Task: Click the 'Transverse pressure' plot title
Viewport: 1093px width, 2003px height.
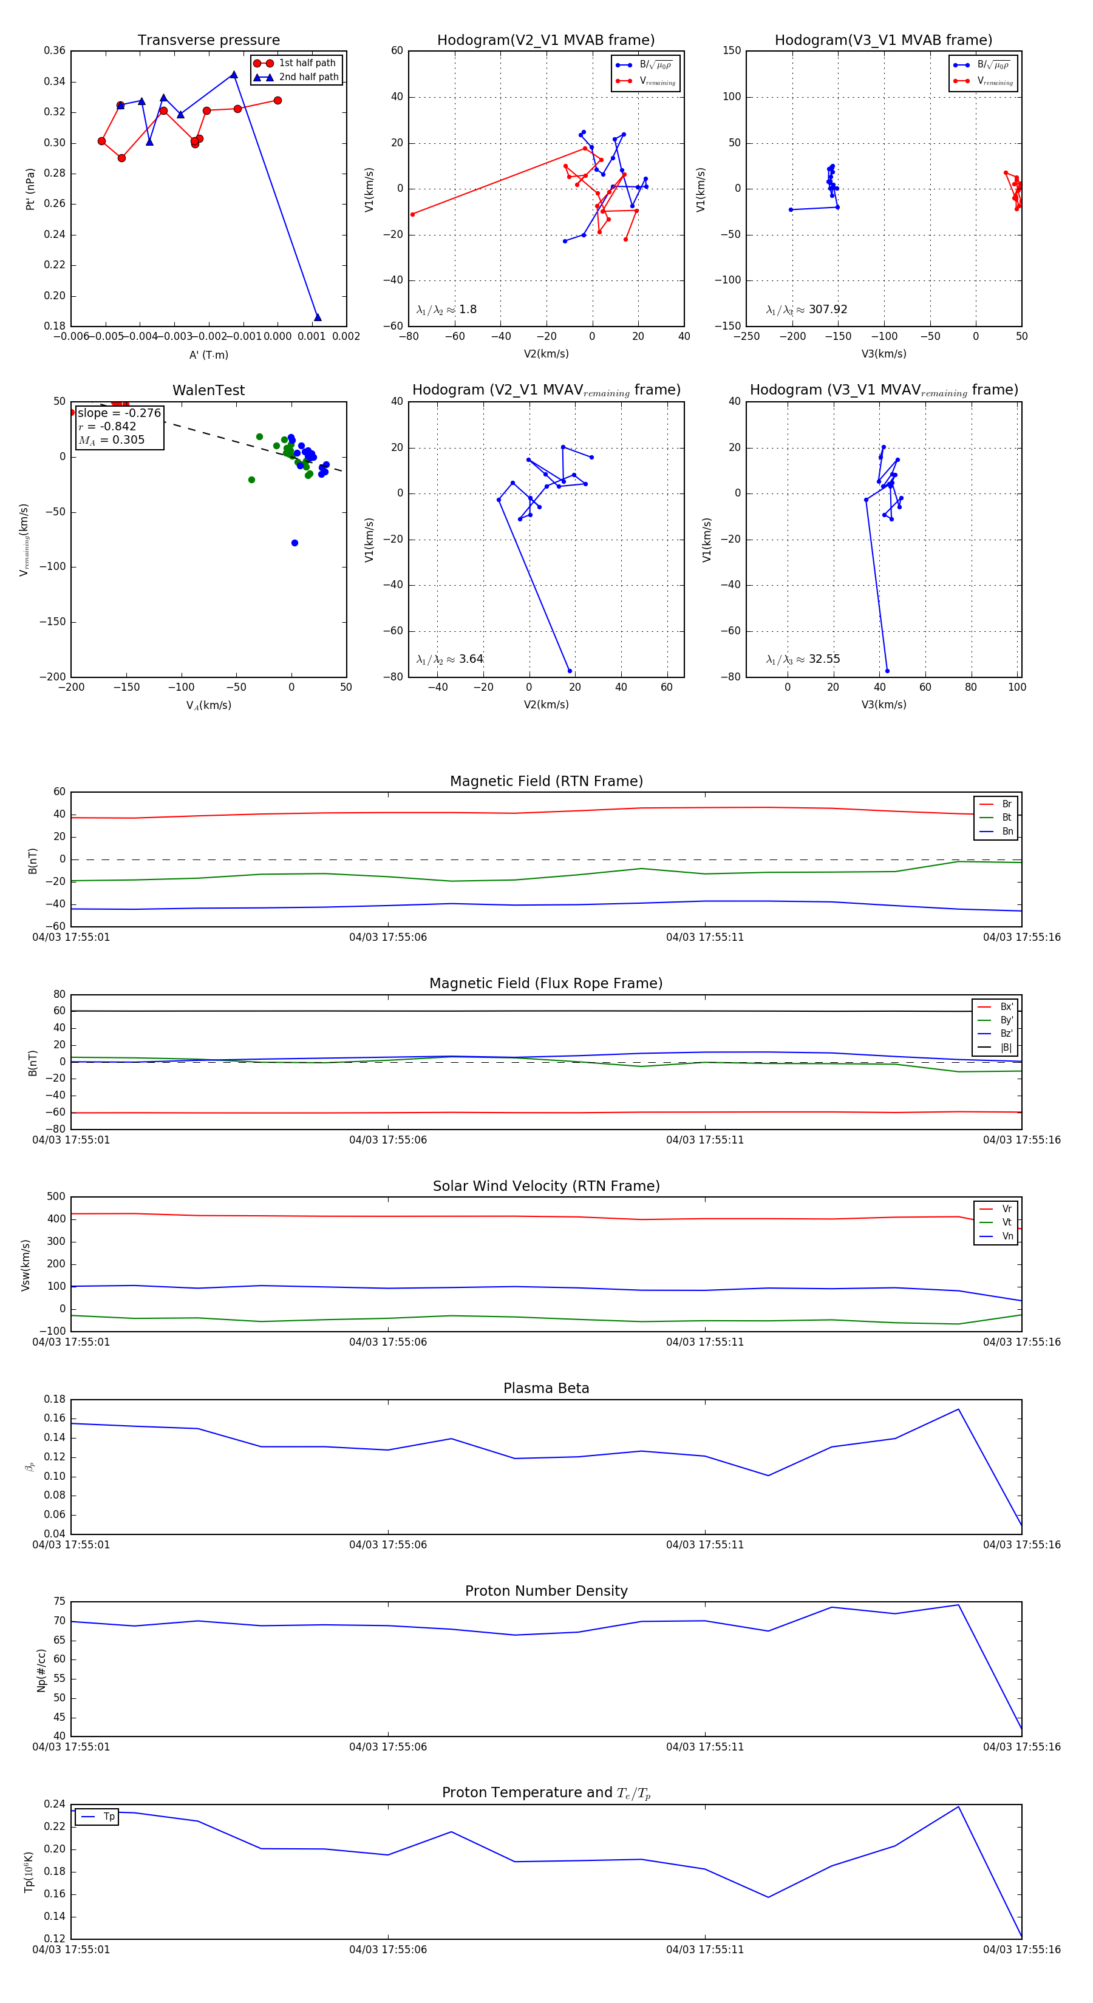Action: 208,41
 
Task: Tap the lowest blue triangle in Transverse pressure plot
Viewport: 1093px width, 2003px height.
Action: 318,317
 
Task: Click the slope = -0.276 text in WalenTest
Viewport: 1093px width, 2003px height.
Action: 119,413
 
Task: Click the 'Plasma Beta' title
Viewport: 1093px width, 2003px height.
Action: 546,1388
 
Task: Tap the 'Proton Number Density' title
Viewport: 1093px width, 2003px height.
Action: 546,1590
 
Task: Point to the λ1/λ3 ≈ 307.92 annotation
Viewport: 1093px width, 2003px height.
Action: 807,310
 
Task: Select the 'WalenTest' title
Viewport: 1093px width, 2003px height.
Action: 208,390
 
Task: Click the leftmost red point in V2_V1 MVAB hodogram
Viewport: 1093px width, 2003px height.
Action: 412,215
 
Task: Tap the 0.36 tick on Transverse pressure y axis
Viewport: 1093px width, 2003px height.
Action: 55,50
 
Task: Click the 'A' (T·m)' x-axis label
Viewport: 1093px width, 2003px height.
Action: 208,355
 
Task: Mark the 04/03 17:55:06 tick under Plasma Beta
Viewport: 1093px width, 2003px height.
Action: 387,1544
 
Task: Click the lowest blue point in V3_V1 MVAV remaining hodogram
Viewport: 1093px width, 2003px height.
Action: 887,671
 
